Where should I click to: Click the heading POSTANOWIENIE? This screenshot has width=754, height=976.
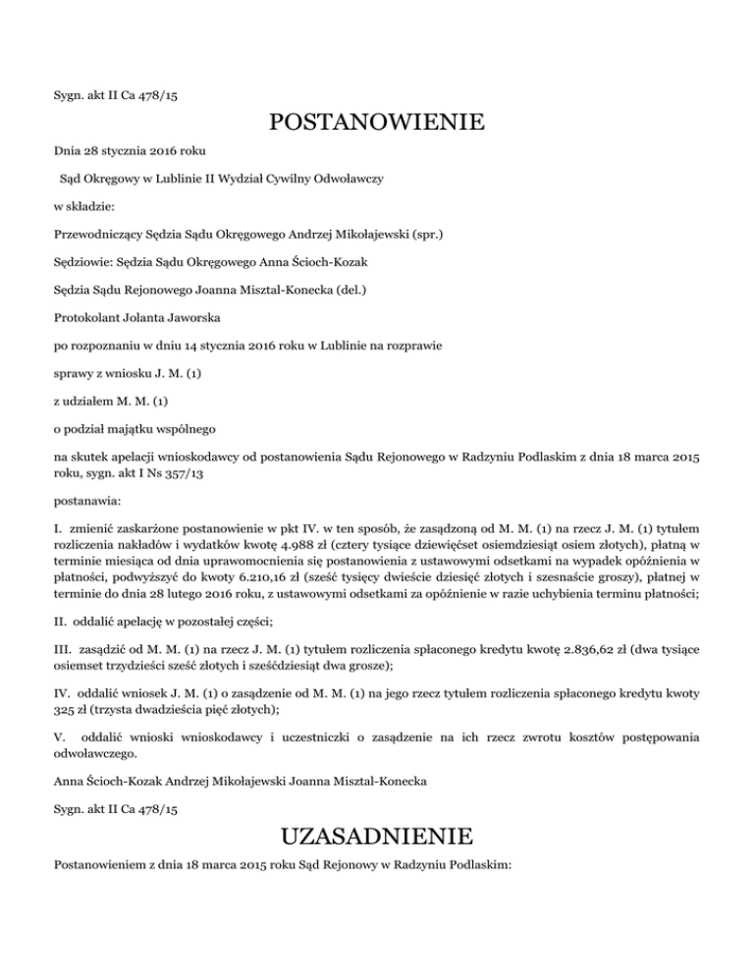pos(376,124)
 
